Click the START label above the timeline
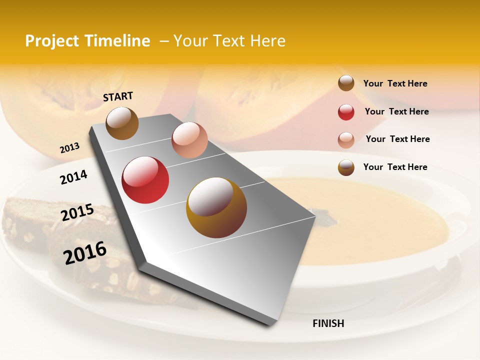[118, 96]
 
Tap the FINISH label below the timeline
[328, 323]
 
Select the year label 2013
[69, 148]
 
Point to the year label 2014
[73, 177]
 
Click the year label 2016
[85, 252]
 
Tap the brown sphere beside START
[122, 123]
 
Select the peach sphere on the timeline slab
[189, 140]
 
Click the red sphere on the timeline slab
[145, 180]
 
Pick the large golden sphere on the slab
[216, 207]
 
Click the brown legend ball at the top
[346, 83]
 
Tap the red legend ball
[346, 112]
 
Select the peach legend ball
[346, 139]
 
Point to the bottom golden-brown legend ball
[346, 167]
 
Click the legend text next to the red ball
[396, 111]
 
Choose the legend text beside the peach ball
[397, 139]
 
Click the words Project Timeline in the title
[87, 41]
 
